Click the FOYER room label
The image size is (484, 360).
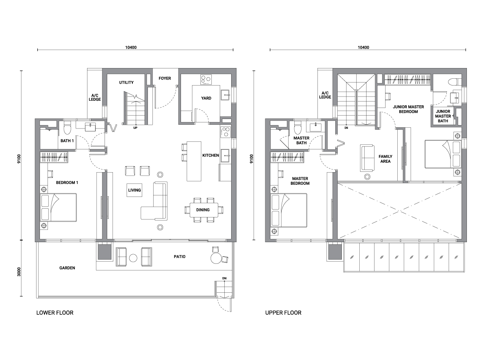coord(165,78)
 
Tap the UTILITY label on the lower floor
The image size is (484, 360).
coord(126,82)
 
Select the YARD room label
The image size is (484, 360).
coord(206,98)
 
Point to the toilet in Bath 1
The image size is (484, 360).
coord(67,128)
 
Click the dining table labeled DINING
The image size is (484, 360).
coord(204,210)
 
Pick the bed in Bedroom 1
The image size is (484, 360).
coord(59,208)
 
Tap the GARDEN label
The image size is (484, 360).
coord(67,268)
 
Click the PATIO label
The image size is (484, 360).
coord(179,257)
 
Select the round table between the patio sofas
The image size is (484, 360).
coord(133,258)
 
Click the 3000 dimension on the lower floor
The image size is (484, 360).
coord(19,272)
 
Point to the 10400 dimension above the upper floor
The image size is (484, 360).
coord(363,48)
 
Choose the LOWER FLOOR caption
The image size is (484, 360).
coord(55,312)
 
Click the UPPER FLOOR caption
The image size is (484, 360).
coord(283,312)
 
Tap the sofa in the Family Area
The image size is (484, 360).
coord(367,157)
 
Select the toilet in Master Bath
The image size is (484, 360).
coord(298,128)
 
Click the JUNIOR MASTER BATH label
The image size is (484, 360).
coord(443,116)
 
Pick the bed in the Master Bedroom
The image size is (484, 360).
coord(289,210)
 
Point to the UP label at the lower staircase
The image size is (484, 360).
coord(135,128)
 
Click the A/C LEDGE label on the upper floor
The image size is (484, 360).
coord(325,95)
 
